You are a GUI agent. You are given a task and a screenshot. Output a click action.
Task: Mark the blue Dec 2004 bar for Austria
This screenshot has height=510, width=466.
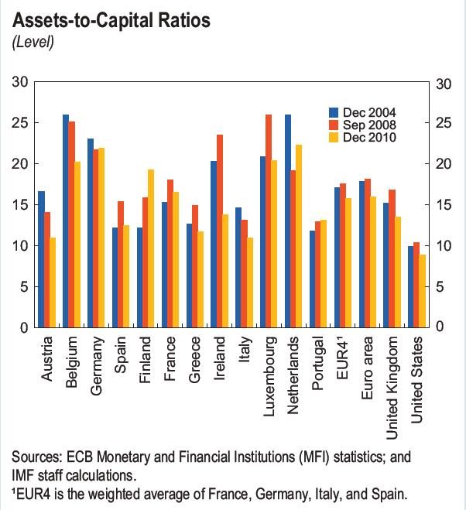click(41, 259)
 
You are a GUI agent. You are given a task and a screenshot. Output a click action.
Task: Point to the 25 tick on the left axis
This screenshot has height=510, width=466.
click(21, 123)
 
